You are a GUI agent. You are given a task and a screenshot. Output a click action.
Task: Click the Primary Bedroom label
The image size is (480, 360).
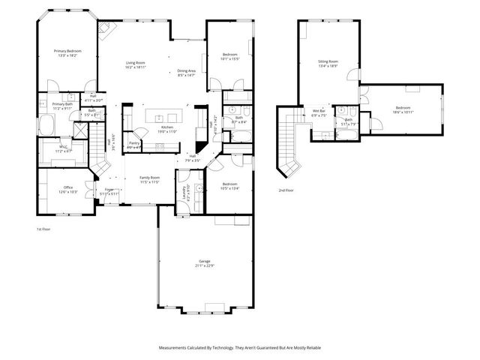click(67, 52)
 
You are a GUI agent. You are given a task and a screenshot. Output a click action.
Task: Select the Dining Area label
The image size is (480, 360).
click(186, 73)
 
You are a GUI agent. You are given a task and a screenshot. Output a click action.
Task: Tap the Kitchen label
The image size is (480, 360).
click(167, 128)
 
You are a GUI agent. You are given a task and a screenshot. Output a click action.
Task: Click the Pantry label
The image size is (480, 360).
click(134, 144)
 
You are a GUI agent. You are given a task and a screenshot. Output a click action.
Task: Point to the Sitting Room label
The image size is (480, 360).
click(328, 63)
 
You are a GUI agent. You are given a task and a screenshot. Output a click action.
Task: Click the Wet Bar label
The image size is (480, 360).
click(319, 113)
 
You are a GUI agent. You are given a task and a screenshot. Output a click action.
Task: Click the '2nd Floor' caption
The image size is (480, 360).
click(286, 190)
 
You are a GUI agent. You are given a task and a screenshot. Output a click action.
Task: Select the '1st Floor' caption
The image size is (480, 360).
click(43, 228)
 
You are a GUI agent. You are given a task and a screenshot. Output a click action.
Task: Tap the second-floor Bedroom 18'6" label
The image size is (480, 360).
click(403, 109)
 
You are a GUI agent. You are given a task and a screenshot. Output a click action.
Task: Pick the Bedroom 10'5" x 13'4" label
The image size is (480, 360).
click(229, 186)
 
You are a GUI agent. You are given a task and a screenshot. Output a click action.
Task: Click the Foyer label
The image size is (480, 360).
click(109, 190)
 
